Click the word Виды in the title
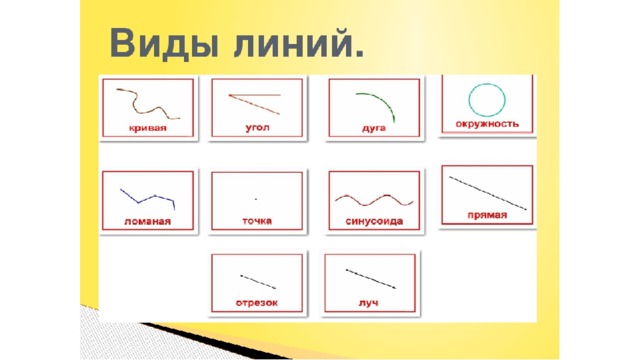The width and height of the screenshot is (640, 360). [164, 43]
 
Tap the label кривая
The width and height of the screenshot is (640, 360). [148, 128]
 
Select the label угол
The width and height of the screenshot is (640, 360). [257, 127]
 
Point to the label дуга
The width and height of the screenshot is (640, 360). [374, 128]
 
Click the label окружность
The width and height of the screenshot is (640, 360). [487, 124]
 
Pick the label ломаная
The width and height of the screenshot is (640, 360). [147, 222]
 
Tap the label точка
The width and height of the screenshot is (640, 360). [257, 221]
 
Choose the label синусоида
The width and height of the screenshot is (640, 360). [374, 221]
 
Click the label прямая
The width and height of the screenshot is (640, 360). [487, 215]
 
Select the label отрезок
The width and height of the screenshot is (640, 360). [257, 303]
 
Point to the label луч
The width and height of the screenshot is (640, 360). [368, 303]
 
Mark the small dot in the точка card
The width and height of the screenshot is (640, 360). [256, 199]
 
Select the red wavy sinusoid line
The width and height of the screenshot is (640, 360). [374, 200]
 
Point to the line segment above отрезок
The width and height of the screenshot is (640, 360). [258, 282]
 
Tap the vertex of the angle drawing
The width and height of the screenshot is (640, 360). [229, 96]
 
